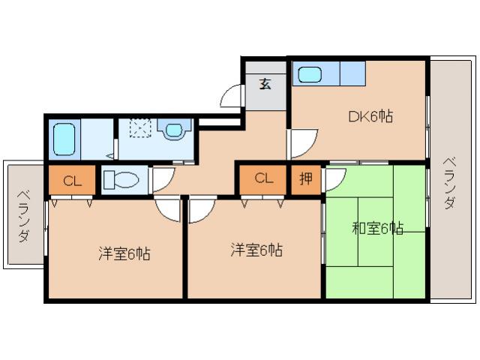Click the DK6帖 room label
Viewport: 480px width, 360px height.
point(370,116)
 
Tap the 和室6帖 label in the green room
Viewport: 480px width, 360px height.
point(378,228)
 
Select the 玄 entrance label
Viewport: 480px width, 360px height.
point(265,83)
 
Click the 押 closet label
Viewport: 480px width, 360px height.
point(306,178)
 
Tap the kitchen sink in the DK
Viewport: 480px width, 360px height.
point(309,75)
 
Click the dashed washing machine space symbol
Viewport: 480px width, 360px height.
point(141,129)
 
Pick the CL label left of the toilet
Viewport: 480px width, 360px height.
point(72,181)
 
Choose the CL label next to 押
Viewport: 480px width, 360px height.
point(262,178)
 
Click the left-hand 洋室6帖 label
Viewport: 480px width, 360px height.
point(124,253)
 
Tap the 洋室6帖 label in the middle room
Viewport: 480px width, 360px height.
point(256,250)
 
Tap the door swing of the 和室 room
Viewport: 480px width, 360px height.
point(334,178)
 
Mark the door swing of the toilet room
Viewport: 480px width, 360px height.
point(162,178)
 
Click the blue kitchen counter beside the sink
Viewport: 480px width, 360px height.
point(351,73)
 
